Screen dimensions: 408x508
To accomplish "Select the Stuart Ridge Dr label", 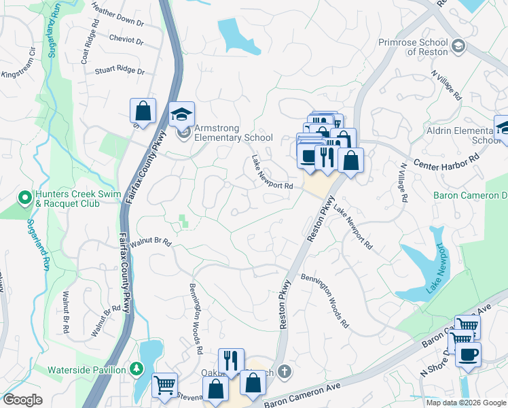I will coord(120,70).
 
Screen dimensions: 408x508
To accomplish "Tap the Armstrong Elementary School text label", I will coord(233,133).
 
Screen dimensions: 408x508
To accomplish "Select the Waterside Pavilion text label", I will coord(86,370).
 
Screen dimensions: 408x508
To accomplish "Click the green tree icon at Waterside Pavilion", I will coord(137,369).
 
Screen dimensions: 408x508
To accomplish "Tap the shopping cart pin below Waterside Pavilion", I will coord(164,385).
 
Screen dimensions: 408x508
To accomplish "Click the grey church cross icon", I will coord(285,372).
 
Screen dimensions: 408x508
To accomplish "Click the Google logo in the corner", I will coord(23,399).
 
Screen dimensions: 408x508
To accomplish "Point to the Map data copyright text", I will coord(466,403).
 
